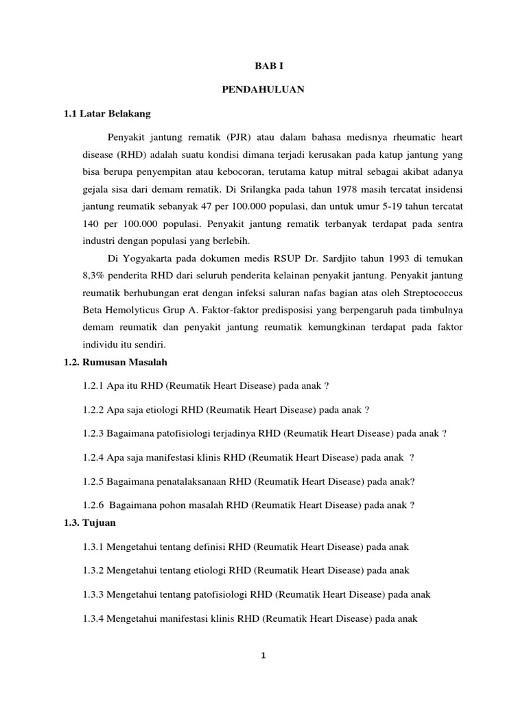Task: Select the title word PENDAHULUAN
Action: point(263,90)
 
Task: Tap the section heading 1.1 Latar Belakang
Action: point(106,112)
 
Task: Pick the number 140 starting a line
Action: point(91,223)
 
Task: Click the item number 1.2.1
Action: point(93,385)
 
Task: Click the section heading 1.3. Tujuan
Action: point(90,523)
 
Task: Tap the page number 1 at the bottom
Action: point(263,656)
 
